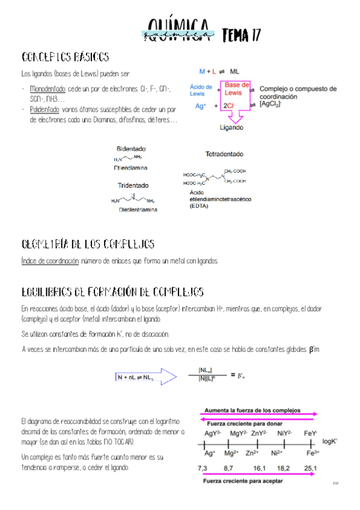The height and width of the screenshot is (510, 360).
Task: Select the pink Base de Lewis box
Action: point(237,89)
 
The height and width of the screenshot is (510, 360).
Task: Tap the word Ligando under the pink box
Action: point(231,127)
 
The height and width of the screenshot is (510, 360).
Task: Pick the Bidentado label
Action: point(130,149)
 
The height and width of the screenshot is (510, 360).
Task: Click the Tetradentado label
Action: point(224,155)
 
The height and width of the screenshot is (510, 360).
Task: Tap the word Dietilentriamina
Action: point(138,210)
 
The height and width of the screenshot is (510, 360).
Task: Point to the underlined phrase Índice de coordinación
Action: point(49,261)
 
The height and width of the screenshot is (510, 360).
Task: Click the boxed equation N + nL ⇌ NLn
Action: point(135,377)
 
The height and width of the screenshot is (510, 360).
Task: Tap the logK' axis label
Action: point(331,441)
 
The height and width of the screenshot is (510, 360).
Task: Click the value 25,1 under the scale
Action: point(310,467)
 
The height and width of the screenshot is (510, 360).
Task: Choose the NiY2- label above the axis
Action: point(285,433)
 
